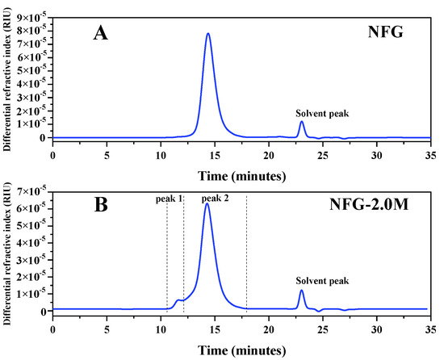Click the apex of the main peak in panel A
point(208,34)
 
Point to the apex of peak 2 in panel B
point(207,203)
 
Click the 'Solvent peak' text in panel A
point(321,113)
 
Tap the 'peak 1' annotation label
point(170,198)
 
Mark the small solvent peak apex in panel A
point(301,122)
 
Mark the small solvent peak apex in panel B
point(301,291)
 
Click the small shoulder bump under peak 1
point(178,300)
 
